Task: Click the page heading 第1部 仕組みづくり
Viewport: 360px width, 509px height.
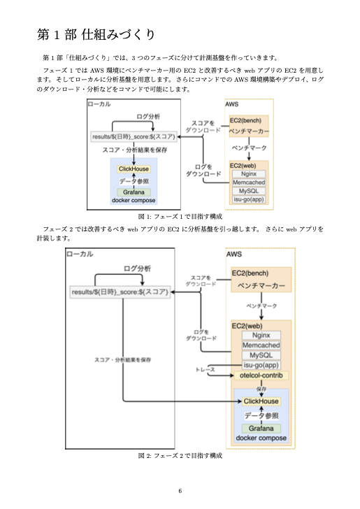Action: (96, 34)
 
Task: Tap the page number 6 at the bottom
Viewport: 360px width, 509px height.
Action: (180, 490)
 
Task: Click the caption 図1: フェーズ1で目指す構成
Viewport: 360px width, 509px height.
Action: (180, 217)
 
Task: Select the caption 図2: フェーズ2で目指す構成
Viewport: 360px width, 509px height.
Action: (180, 456)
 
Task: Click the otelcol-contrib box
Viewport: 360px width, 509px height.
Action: (260, 375)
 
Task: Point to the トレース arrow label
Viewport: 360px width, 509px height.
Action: (206, 368)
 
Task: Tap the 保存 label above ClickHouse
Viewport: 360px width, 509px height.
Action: (261, 389)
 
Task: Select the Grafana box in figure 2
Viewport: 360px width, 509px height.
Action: (261, 428)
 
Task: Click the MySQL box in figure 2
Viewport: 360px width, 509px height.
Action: (261, 354)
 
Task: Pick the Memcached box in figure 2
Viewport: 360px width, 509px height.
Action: (261, 345)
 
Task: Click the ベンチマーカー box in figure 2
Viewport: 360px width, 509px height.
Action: (261, 286)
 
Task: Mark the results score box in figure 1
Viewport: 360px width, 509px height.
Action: (134, 136)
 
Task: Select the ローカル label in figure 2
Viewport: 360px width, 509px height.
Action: (80, 254)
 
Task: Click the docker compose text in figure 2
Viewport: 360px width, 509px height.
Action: (261, 438)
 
